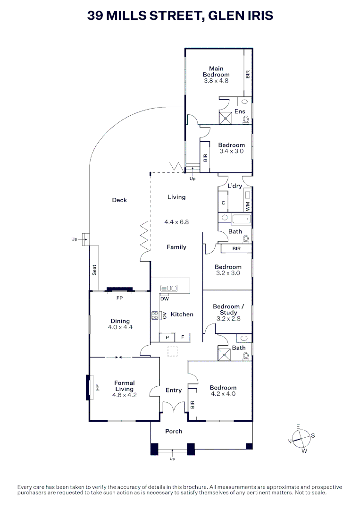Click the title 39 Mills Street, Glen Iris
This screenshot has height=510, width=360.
click(180, 16)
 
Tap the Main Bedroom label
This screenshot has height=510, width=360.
click(216, 71)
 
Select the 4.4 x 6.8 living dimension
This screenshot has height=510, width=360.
click(176, 221)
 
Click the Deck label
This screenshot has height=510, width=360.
click(119, 200)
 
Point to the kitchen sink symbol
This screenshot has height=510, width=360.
click(168, 288)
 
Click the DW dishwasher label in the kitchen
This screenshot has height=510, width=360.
click(164, 299)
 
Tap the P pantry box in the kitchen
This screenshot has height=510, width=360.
click(167, 338)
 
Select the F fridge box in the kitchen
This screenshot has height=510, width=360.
click(182, 338)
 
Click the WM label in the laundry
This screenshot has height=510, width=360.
click(247, 205)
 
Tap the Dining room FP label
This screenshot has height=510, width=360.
click(119, 298)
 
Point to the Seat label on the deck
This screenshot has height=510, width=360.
click(94, 270)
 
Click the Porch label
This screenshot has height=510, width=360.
click(174, 431)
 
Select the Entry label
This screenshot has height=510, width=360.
click(174, 391)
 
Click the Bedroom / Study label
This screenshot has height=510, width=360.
click(228, 309)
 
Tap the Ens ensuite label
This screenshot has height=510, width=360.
click(240, 111)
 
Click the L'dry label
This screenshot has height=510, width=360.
click(234, 186)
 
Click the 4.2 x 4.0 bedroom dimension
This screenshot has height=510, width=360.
click(223, 394)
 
